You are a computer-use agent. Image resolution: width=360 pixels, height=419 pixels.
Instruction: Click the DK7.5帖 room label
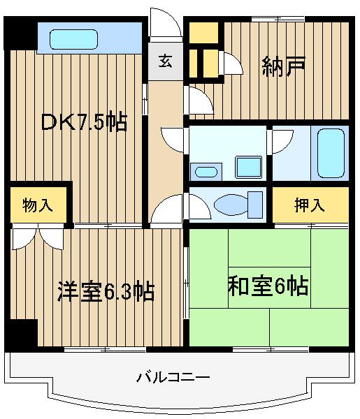pos(84,122)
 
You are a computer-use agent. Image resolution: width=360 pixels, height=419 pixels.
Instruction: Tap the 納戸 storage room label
pos(283,66)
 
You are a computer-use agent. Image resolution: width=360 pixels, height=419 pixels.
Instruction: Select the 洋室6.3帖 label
pos(106,291)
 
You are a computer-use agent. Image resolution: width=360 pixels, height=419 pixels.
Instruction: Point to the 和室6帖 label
pos(268,286)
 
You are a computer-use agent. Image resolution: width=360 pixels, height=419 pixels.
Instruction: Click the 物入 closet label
pos(37,205)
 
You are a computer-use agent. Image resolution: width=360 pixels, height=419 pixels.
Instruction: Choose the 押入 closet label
pos(310,205)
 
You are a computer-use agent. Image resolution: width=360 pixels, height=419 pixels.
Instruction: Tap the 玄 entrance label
pos(165,61)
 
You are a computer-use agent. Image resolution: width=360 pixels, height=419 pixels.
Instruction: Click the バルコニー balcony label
pos(173,378)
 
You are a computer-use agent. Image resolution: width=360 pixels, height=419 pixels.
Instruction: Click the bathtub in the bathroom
pos(331,153)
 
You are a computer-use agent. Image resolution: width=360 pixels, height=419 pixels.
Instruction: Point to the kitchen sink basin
pos(74,39)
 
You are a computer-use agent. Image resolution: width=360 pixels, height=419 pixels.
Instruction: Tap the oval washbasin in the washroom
pos(206,172)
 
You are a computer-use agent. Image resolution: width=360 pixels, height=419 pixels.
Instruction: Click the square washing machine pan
pos(248,167)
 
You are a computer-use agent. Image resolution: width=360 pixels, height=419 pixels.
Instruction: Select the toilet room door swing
pos(200,207)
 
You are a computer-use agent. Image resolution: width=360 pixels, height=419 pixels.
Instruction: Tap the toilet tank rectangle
pos(255,205)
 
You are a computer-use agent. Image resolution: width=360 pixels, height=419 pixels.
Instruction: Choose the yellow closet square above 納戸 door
pos(204,33)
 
